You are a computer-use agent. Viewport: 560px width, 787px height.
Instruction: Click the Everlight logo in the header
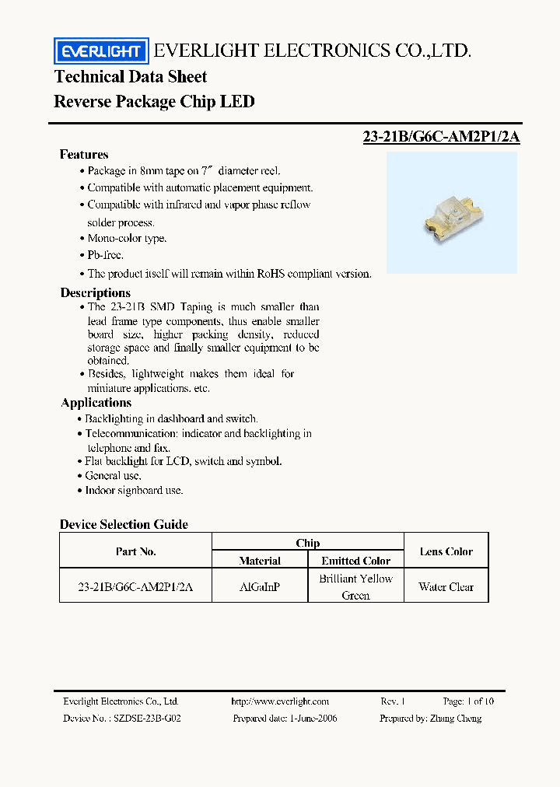(x=100, y=51)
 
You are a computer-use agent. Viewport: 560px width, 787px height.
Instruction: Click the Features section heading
(x=84, y=155)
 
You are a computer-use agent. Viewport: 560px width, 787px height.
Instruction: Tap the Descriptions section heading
(x=96, y=293)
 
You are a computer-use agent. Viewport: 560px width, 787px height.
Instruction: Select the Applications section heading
(x=96, y=403)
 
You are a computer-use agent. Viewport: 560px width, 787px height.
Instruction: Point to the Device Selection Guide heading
(x=124, y=525)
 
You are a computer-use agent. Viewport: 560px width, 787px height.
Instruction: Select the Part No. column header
(x=135, y=551)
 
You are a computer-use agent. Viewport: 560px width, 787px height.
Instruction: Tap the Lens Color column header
(x=446, y=551)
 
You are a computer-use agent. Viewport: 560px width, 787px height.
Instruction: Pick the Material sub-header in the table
(x=260, y=561)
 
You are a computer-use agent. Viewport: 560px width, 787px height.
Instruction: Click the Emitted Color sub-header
(x=355, y=561)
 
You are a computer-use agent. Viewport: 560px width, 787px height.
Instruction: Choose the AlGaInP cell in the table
(x=260, y=587)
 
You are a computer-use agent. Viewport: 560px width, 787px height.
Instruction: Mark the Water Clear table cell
(x=446, y=587)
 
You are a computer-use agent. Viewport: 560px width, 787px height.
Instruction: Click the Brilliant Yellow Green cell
(x=355, y=587)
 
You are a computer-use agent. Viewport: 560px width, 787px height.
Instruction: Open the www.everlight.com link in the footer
(x=280, y=701)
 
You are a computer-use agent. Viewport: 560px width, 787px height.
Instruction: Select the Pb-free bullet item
(x=105, y=255)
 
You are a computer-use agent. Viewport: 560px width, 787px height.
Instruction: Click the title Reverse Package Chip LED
(x=154, y=102)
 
